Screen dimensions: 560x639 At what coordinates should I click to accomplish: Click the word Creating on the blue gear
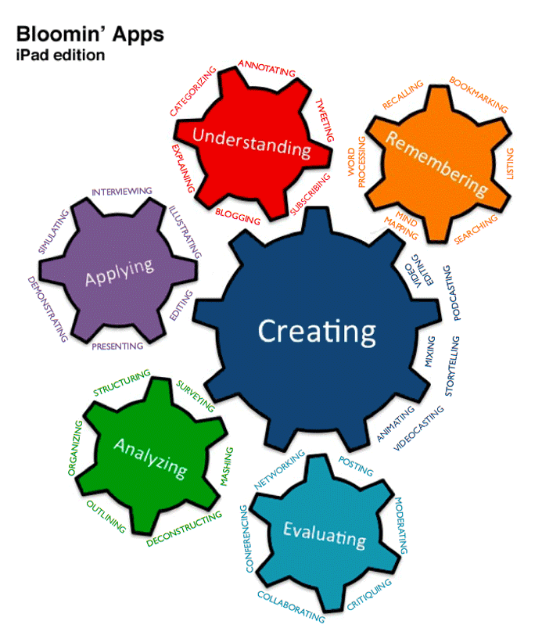pos(317,332)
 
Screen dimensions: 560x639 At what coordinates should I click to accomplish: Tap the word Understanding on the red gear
pos(252,142)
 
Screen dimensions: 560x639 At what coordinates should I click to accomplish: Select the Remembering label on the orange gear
pos(436,163)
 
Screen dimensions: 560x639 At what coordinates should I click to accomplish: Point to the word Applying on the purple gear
pos(120,272)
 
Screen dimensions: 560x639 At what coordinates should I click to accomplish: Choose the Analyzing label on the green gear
pos(150,458)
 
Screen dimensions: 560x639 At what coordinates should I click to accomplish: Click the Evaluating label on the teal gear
pos(325,535)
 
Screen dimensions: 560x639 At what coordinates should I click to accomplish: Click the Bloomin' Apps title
pos(90,34)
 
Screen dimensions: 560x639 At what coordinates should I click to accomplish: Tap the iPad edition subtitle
pos(60,55)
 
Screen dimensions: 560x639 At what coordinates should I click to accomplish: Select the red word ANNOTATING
pos(267,68)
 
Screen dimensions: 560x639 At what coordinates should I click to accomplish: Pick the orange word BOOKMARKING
pos(479,94)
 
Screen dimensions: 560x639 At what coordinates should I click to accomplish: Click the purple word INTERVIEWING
pos(121,192)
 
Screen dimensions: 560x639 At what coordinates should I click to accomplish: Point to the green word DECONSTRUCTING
pos(185,529)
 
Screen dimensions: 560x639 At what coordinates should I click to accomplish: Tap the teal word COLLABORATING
pos(291,607)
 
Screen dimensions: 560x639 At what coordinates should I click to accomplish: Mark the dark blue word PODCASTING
pos(452,293)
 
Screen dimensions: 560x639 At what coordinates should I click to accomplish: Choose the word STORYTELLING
pos(452,366)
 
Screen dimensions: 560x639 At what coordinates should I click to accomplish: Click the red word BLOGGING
pos(238,217)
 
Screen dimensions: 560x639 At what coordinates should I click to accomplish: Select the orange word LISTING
pos(510,163)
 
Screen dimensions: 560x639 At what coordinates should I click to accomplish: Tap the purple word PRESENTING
pos(117,346)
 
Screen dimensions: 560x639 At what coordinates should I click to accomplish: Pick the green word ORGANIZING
pos(75,448)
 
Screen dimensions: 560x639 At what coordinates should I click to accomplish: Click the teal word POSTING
pos(356,466)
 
